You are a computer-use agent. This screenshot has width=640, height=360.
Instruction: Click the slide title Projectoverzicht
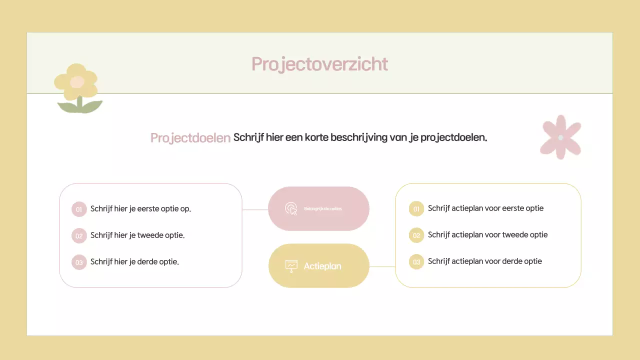[319, 64]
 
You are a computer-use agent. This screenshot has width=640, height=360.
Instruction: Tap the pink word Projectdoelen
[190, 137]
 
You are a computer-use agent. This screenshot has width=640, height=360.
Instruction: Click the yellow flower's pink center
[76, 82]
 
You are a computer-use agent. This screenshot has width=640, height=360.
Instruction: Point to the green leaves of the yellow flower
[80, 106]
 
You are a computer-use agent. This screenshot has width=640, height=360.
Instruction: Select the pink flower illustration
[560, 137]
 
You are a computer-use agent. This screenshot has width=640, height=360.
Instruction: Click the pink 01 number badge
[79, 209]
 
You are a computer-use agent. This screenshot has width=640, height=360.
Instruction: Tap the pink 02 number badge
[79, 235]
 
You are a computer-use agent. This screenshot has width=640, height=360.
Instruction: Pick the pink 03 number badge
[79, 262]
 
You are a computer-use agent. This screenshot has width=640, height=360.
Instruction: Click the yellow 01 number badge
[416, 209]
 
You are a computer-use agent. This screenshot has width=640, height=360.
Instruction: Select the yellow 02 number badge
[416, 235]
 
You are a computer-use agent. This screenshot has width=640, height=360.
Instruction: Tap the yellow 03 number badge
[416, 261]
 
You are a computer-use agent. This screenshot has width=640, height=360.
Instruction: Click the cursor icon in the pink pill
[291, 208]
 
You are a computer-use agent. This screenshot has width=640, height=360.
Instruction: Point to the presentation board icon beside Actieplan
[291, 266]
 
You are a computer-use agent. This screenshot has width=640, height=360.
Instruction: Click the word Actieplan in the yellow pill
[322, 266]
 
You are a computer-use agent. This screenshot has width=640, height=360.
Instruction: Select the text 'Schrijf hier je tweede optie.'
[137, 235]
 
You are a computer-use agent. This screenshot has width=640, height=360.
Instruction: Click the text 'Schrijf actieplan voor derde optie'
[484, 261]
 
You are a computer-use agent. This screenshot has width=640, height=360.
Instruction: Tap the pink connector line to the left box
[255, 209]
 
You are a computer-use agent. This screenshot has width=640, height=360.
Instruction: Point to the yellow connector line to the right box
[382, 266]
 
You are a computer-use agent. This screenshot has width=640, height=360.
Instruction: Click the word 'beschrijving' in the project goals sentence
[359, 137]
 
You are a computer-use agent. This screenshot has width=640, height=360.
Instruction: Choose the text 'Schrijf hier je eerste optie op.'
[140, 208]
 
